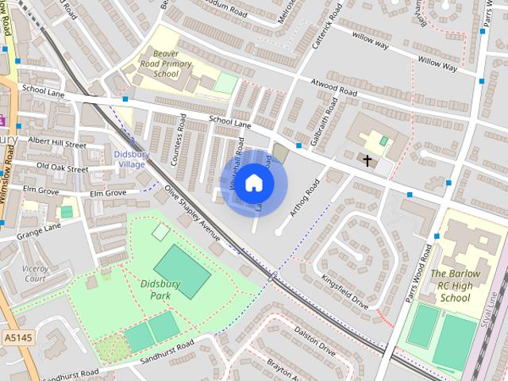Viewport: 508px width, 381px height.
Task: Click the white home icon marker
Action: click(254, 183)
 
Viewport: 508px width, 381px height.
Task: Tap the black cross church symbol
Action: click(368, 160)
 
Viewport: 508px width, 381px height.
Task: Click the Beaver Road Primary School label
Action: click(166, 63)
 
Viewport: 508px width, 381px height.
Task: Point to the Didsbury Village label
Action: click(129, 159)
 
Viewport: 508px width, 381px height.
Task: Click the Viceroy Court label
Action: click(35, 274)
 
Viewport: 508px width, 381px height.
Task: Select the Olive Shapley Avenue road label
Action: click(191, 213)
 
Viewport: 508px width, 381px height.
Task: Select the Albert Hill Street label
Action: click(56, 142)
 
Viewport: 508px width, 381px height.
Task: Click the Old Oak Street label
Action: click(62, 167)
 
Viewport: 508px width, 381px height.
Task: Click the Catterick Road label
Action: click(326, 27)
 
